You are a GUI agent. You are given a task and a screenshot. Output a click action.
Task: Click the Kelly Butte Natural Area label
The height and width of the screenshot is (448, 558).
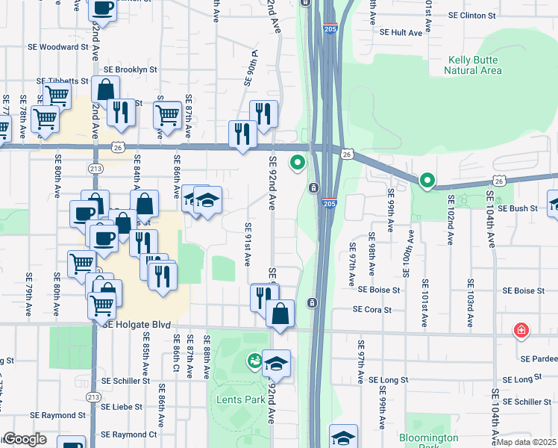pyautogui.click(x=473, y=65)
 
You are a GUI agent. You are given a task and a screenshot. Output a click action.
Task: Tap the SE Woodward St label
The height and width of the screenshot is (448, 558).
pyautogui.click(x=63, y=47)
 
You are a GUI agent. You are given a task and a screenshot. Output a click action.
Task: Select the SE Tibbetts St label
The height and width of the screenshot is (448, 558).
pyautogui.click(x=63, y=81)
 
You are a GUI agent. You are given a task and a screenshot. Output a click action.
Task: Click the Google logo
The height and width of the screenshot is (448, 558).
pyautogui.click(x=25, y=439)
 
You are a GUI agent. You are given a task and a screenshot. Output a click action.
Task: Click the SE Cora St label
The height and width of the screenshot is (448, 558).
pyautogui.click(x=372, y=309)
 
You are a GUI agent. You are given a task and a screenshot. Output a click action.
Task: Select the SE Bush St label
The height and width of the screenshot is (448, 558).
pyautogui.click(x=522, y=209)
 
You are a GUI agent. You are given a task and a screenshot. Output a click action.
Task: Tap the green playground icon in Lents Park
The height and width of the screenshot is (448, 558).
pyautogui.click(x=255, y=362)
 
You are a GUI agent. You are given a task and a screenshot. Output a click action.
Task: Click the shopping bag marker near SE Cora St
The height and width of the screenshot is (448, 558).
pyautogui.click(x=280, y=313)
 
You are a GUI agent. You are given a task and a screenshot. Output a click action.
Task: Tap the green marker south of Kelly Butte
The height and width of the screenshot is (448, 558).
pyautogui.click(x=427, y=180)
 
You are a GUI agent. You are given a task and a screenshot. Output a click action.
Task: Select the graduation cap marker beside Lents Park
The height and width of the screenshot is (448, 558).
pyautogui.click(x=276, y=364)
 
